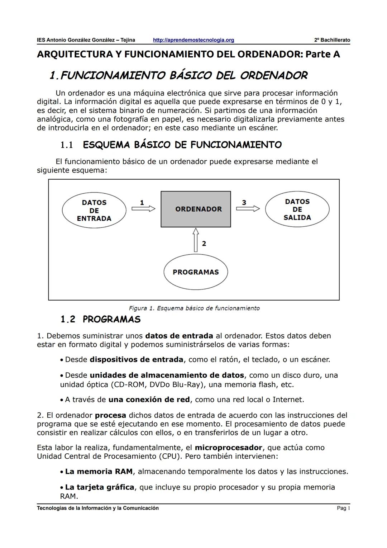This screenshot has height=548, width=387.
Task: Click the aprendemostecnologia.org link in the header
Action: coord(193,40)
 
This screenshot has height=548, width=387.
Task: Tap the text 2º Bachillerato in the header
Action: coord(332,40)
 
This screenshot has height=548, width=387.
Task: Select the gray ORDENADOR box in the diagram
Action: coord(196,209)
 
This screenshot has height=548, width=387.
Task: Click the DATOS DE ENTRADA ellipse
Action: coord(94,211)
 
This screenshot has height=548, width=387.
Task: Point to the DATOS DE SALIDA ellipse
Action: coord(297,210)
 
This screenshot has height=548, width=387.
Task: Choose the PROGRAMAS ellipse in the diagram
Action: coord(196,272)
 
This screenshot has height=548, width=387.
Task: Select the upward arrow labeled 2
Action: coord(196,240)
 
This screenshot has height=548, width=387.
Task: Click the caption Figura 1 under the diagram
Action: coord(194,308)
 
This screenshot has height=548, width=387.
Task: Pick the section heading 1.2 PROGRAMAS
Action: coord(101,319)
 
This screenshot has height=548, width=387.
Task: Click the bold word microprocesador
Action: coord(228,448)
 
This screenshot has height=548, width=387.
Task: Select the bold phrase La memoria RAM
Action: coord(99,471)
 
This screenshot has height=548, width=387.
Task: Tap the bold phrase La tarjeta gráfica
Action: coord(100,487)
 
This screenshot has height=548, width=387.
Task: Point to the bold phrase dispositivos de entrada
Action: coord(137,359)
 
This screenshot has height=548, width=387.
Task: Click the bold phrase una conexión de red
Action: coord(149,400)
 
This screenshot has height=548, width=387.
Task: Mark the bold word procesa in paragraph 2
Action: coord(110,415)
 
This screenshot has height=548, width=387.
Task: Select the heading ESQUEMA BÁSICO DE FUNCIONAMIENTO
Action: coord(182,145)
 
